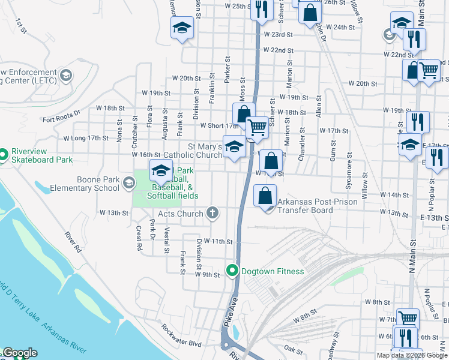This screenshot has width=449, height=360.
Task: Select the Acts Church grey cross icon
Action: pyautogui.click(x=212, y=213)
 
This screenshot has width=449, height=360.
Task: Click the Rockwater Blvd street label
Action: pyautogui.click(x=181, y=335)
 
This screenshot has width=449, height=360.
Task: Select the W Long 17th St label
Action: pyautogui.click(x=86, y=138)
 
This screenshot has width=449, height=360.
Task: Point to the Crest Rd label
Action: pyautogui.click(x=139, y=237)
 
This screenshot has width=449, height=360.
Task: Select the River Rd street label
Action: pyautogui.click(x=71, y=239)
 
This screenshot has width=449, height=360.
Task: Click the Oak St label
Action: pyautogui.click(x=294, y=349)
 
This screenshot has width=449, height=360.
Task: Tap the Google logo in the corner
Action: pyautogui.click(x=19, y=353)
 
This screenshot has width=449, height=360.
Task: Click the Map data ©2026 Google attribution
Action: pyautogui.click(x=412, y=355)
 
